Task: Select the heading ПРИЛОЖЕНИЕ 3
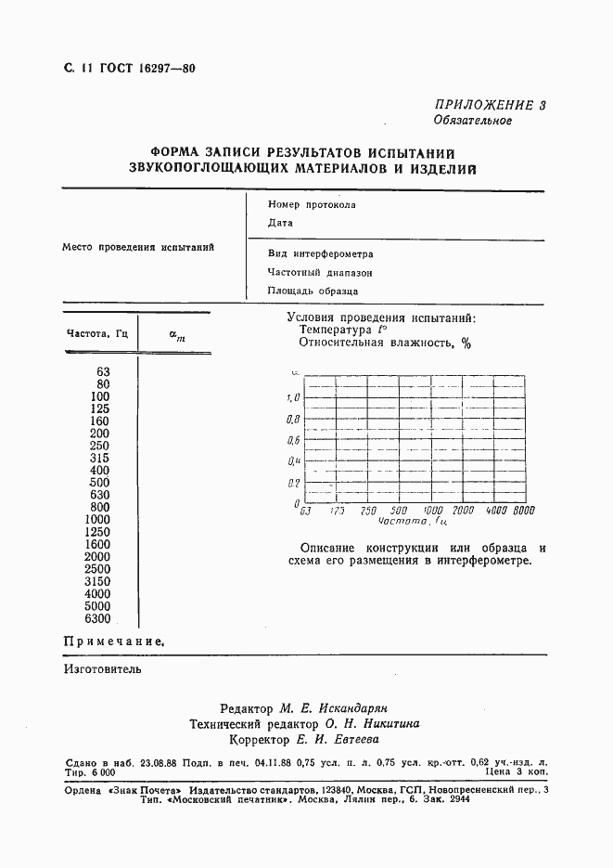[491, 105]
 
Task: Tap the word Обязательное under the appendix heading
[472, 121]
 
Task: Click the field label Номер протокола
[312, 205]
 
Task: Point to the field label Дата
[280, 223]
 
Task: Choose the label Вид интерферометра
[320, 253]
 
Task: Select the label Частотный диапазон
[320, 273]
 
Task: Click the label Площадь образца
[313, 291]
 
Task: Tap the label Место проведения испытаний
[138, 248]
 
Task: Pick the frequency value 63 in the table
[103, 371]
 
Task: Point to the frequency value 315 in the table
[99, 458]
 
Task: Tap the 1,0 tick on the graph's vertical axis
[293, 397]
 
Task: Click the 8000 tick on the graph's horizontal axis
[525, 511]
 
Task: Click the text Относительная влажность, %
[385, 343]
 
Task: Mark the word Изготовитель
[103, 667]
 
